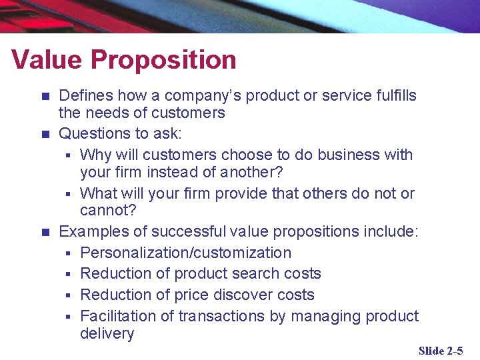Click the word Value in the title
[x=47, y=60]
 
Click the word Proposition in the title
[x=163, y=60]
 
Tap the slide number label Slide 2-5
[x=441, y=351]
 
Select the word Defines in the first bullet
[x=85, y=95]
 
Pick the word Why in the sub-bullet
[x=94, y=155]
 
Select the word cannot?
[x=108, y=211]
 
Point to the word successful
[x=190, y=231]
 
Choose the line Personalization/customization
[x=185, y=253]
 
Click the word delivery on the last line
[x=107, y=333]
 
